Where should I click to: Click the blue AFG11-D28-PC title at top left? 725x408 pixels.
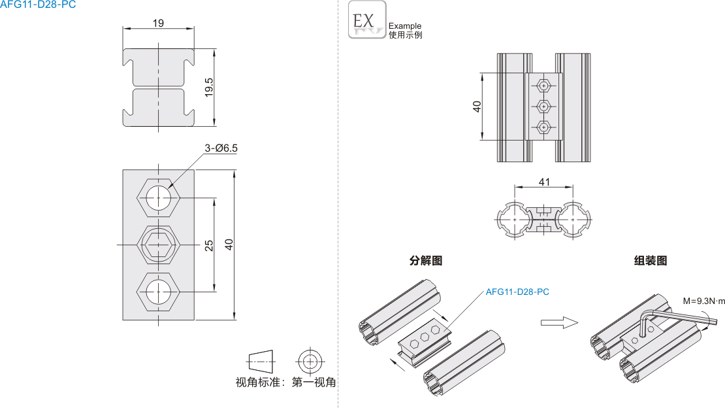coord(38,5)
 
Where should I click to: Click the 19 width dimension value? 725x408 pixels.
coord(158,23)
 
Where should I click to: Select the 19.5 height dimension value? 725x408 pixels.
coord(209,87)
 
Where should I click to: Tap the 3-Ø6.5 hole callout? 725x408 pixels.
coord(221,148)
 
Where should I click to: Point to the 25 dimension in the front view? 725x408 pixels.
coord(209,245)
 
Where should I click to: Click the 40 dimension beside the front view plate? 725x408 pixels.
coord(229,245)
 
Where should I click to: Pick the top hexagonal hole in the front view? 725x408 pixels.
coord(159,197)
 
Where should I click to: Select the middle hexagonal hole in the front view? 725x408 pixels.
coord(159,245)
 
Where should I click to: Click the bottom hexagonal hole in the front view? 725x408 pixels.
coord(159,292)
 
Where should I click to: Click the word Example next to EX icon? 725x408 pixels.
coord(405,26)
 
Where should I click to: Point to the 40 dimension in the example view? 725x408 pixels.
coord(477,106)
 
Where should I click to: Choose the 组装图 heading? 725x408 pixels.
coord(651,260)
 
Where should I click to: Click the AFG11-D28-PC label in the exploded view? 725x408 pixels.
coord(517,292)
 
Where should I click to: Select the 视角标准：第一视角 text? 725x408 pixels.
coord(285,382)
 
